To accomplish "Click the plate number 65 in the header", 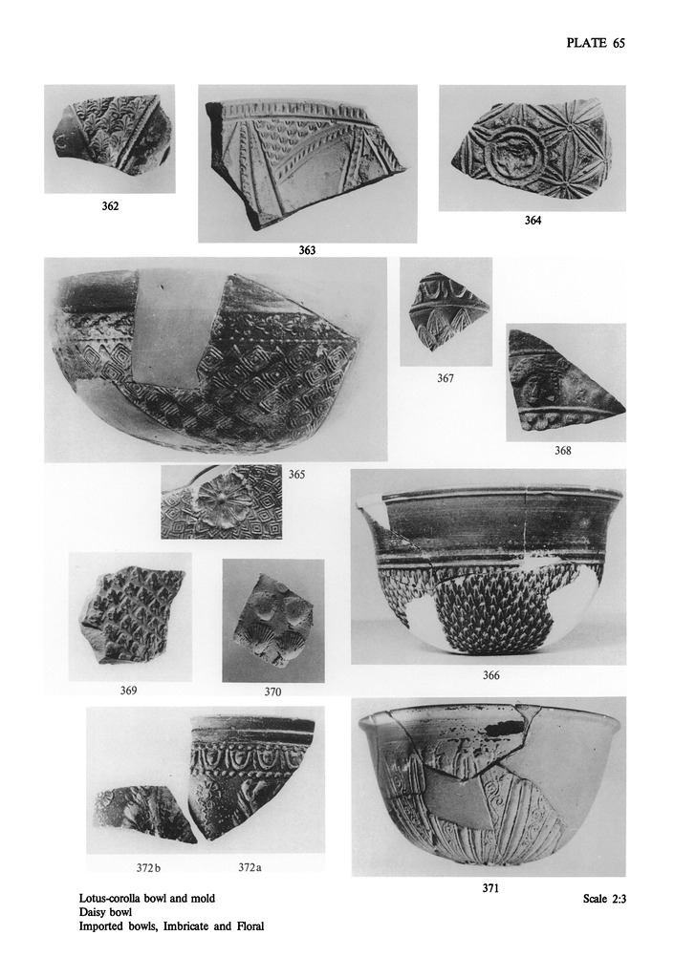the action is click(619, 43).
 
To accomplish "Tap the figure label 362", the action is click(110, 206).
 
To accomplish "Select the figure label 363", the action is click(307, 250).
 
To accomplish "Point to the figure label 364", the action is click(533, 221).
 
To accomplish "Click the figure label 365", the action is click(296, 475).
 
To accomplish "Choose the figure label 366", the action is click(491, 675).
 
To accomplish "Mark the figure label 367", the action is click(445, 378).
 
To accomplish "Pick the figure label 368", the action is click(563, 451).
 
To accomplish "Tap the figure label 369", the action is click(128, 691).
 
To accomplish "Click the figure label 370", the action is click(272, 691).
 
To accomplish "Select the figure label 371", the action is click(490, 889).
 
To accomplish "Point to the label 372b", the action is click(148, 867).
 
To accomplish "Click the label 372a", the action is click(250, 867).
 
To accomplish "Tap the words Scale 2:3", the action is click(604, 899).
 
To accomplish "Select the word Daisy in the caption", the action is click(91, 912).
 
